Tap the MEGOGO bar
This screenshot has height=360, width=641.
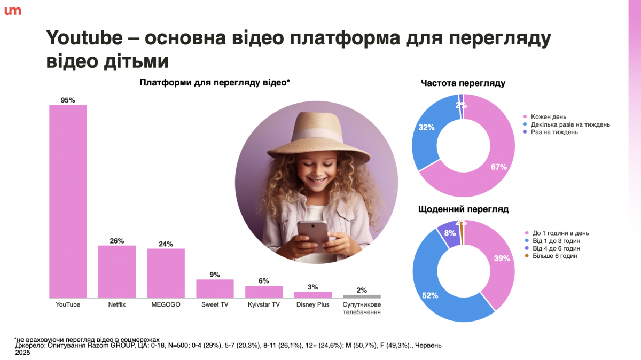166,273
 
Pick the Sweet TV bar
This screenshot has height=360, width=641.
215,288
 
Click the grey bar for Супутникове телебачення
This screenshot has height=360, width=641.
362,296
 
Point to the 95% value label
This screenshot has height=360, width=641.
68,100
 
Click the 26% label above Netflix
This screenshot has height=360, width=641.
117,241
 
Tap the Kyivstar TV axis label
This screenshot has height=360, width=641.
264,305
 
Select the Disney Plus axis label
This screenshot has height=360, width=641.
313,305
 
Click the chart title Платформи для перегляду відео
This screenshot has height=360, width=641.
215,82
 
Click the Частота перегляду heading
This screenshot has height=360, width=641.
463,83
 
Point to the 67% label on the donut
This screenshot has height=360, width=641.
498,167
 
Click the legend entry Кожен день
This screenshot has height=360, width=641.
549,116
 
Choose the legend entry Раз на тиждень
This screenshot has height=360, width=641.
554,132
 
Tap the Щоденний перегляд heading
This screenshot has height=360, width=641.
463,209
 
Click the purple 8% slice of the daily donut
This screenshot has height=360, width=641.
449,234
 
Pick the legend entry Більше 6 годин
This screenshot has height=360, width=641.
554,256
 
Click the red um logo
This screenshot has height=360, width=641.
12,11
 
